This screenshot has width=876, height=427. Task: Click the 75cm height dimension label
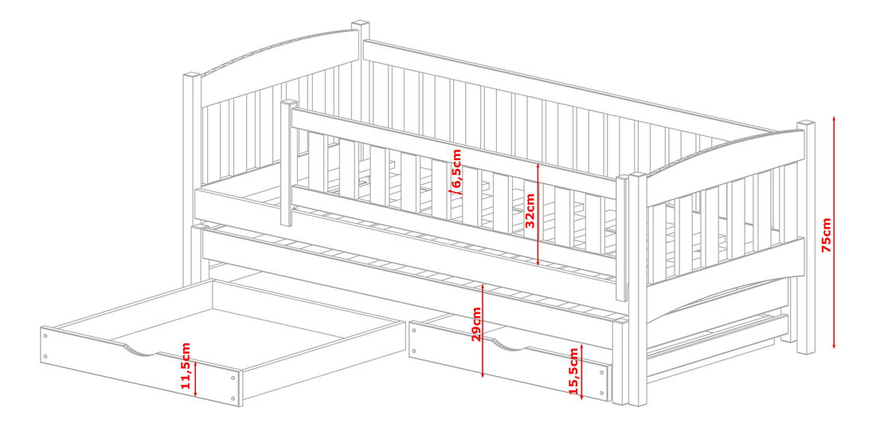click(x=827, y=234)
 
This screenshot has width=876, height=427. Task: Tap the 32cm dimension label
click(x=530, y=210)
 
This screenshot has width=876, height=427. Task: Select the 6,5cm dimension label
click(x=457, y=170)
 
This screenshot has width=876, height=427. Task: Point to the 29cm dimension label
click(x=475, y=324)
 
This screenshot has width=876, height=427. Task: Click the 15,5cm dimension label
click(x=573, y=371)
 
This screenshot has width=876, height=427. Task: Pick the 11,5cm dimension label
click(x=186, y=366)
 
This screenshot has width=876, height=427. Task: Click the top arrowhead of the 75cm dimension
click(x=834, y=119)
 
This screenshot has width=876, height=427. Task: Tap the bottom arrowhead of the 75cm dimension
click(x=834, y=345)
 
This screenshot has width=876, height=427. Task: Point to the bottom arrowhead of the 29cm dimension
click(x=483, y=374)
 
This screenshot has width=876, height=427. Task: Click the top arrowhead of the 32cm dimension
click(x=538, y=166)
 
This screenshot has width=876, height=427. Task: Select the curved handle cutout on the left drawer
click(x=140, y=351)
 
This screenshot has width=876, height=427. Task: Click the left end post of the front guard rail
click(x=287, y=163)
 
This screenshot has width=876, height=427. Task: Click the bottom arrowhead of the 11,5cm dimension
click(x=196, y=394)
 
